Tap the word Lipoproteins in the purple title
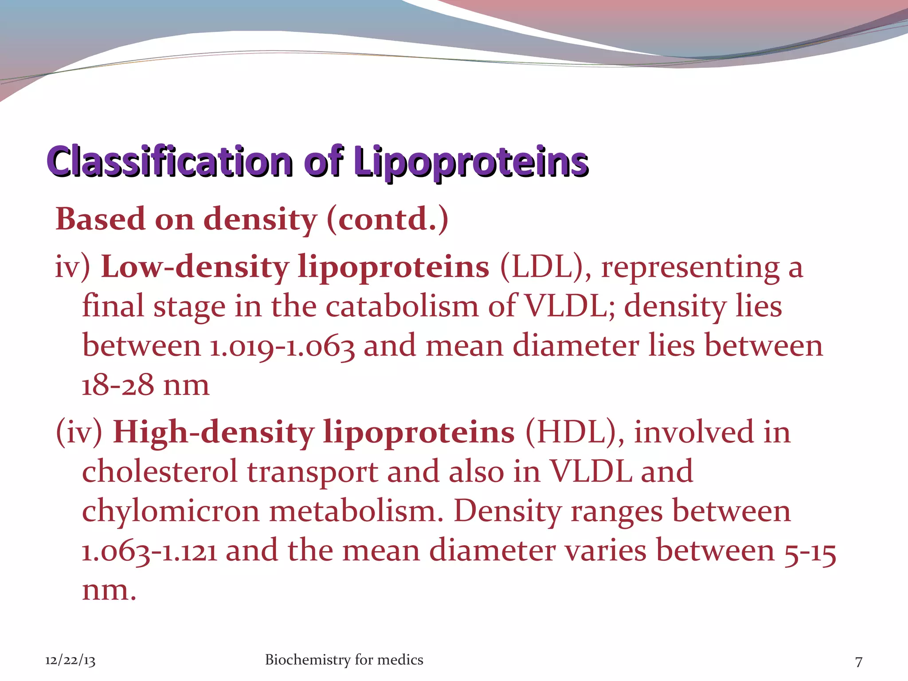[471, 162]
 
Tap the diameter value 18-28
[117, 385]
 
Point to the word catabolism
[402, 307]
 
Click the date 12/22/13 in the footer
[70, 661]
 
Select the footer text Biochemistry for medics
[344, 660]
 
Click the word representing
[690, 268]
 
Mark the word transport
[313, 472]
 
